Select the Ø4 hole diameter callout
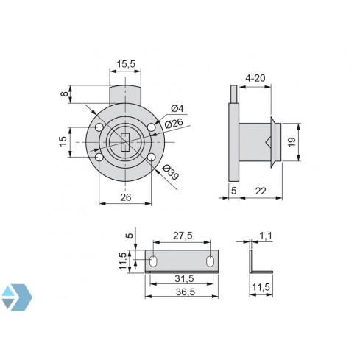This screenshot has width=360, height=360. (x=177, y=109)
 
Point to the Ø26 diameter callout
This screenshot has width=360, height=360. (x=174, y=123)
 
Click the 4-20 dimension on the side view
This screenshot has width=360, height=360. (x=255, y=77)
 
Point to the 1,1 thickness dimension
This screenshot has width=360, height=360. (x=264, y=236)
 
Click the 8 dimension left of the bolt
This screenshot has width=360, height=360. (x=65, y=95)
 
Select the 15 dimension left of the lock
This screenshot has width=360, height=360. (x=63, y=139)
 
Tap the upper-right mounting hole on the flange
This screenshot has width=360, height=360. (x=151, y=128)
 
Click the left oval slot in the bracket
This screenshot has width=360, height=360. (x=154, y=261)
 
